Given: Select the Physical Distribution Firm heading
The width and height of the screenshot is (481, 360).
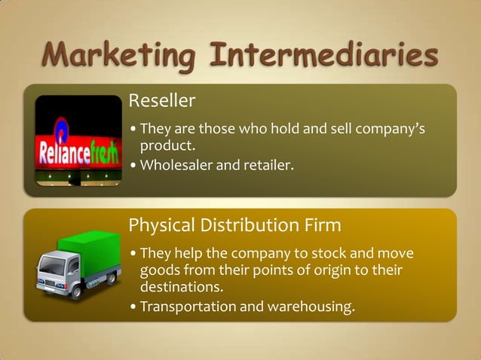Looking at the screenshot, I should click(x=234, y=225).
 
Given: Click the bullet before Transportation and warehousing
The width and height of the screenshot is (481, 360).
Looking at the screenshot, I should click(x=133, y=307).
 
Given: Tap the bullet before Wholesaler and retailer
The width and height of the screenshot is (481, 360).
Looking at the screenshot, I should click(x=133, y=165).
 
